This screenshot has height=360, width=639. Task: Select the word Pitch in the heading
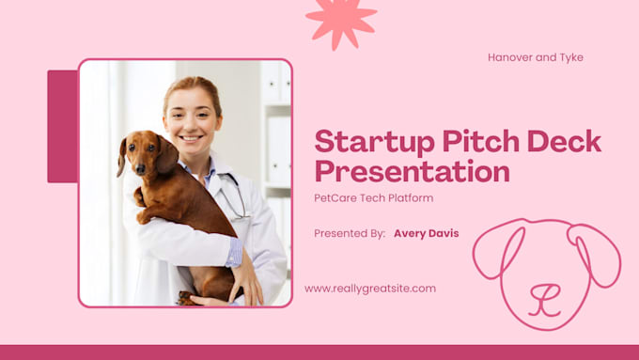pyautogui.click(x=481, y=141)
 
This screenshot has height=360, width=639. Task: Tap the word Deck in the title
pyautogui.click(x=564, y=141)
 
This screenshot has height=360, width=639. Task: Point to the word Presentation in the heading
pyautogui.click(x=412, y=171)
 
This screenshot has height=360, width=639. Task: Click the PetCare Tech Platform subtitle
pyautogui.click(x=373, y=198)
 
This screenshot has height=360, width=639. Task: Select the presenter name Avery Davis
pyautogui.click(x=427, y=233)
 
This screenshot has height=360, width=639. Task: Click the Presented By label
pyautogui.click(x=350, y=234)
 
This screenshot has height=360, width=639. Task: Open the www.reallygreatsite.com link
pyautogui.click(x=370, y=289)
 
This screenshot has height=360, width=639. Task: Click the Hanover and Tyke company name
pyautogui.click(x=536, y=57)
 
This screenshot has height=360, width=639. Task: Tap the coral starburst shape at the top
pyautogui.click(x=341, y=23)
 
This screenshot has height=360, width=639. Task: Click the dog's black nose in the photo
pyautogui.click(x=140, y=169)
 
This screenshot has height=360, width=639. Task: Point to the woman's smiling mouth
pyautogui.click(x=191, y=138)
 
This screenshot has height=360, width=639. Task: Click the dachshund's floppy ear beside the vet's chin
pyautogui.click(x=167, y=155)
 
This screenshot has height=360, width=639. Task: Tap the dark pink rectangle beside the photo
pyautogui.click(x=62, y=126)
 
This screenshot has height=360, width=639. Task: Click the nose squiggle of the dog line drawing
pyautogui.click(x=544, y=300)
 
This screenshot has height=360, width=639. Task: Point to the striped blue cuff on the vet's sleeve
pyautogui.click(x=234, y=252)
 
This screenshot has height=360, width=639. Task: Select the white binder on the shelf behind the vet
pyautogui.click(x=279, y=150)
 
